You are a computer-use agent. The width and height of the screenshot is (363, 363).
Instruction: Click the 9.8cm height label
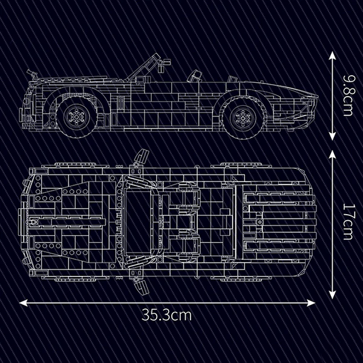[x=347, y=96]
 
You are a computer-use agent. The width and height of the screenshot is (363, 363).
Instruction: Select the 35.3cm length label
[x=167, y=315]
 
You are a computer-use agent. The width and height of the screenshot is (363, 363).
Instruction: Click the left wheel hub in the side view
[x=76, y=115]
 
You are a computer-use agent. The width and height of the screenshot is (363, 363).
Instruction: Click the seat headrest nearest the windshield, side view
[x=194, y=76]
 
